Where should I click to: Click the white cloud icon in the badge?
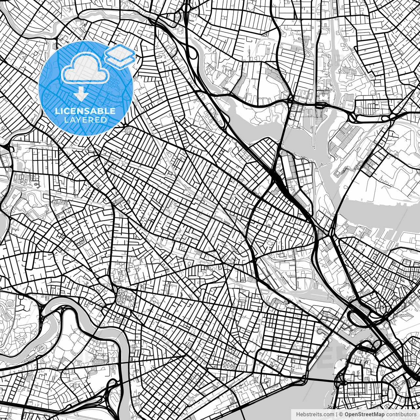tap(86, 68)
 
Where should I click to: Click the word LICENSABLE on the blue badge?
tap(85, 111)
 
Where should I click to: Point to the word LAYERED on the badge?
tap(85, 120)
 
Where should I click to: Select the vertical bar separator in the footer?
tap(337, 414)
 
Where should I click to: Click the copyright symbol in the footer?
tap(341, 414)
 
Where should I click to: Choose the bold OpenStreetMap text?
tap(364, 414)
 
